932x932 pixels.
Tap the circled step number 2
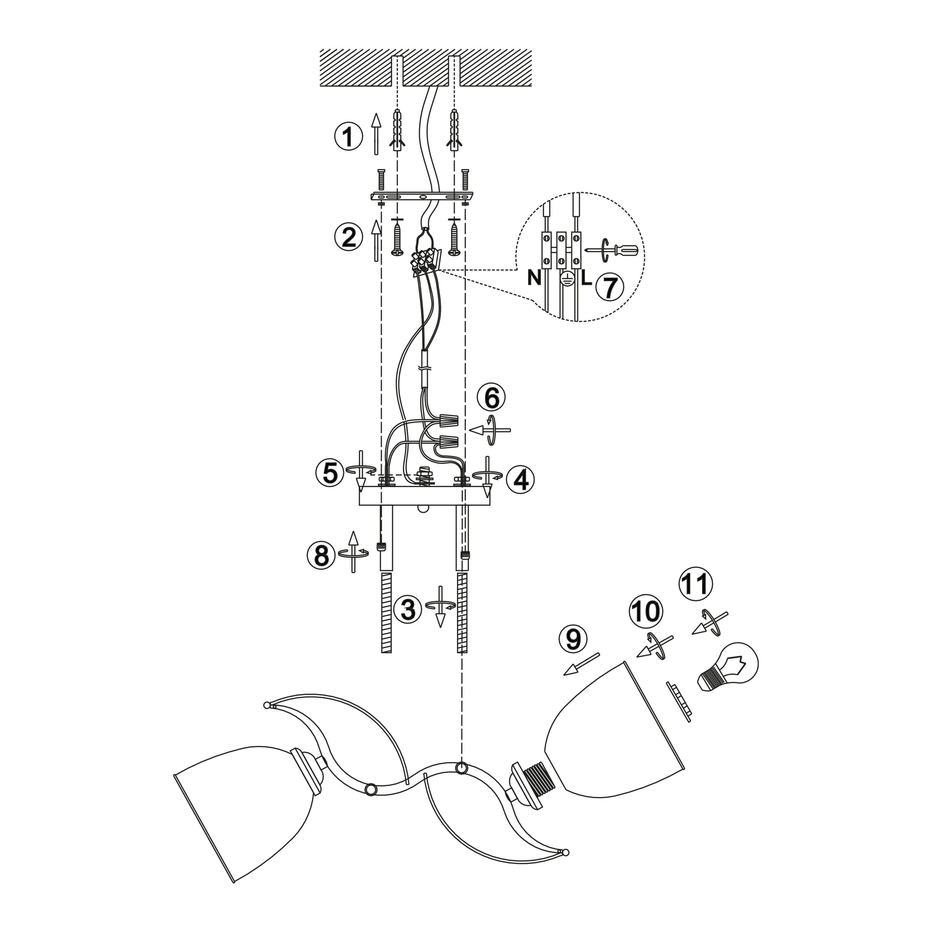pyautogui.click(x=348, y=238)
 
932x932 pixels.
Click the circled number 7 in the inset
pyautogui.click(x=610, y=288)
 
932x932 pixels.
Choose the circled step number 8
pyautogui.click(x=321, y=555)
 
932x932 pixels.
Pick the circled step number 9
pyautogui.click(x=573, y=640)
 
